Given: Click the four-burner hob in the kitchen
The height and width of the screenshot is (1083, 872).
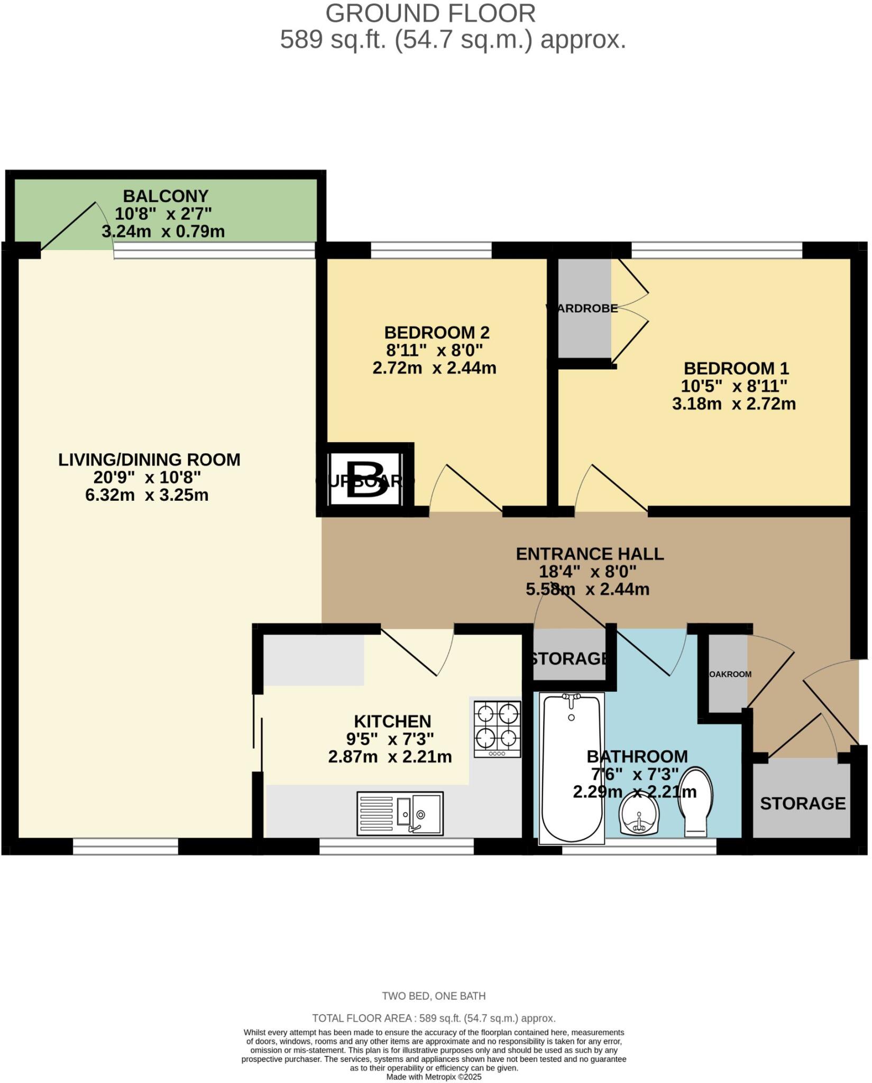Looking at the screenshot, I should pos(497,729).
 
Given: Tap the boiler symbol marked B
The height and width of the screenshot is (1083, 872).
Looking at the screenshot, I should pos(365,480).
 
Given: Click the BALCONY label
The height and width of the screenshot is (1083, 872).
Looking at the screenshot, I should pos(166,196).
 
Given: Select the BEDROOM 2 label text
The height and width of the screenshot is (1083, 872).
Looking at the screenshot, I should pos(437,333).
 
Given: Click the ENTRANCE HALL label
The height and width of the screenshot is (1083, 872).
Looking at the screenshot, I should pos(590,554).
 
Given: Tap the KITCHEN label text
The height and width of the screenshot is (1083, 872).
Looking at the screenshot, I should pos(392,721).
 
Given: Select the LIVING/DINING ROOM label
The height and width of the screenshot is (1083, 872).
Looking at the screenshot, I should pos(149,460).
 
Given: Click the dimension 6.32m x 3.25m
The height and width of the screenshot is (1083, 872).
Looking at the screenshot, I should pos(147,495).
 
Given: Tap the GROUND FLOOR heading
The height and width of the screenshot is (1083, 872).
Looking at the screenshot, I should pos(430,14).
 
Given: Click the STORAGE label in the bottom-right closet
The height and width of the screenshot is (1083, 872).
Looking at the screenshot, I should pos(802,803).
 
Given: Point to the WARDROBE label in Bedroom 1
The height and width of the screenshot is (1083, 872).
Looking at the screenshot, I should pos(582,308).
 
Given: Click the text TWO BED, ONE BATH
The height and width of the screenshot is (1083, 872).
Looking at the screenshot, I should pos(434,996).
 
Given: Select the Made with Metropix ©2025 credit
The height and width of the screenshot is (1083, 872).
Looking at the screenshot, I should pos(434,1077).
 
